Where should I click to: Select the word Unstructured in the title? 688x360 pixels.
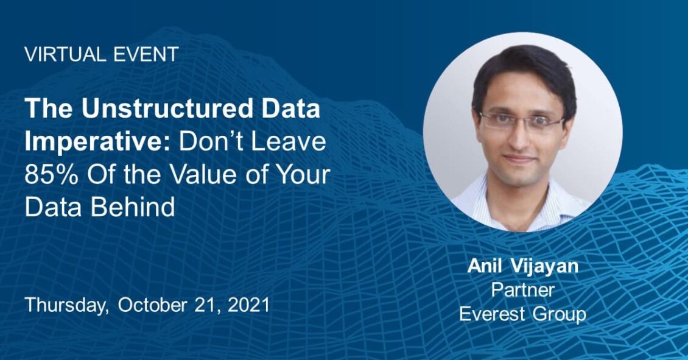point(167,108)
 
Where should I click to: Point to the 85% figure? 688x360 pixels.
point(51,174)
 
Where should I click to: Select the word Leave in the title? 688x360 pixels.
point(296,141)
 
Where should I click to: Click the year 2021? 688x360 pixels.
point(249,305)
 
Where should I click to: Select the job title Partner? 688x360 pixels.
point(522,290)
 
